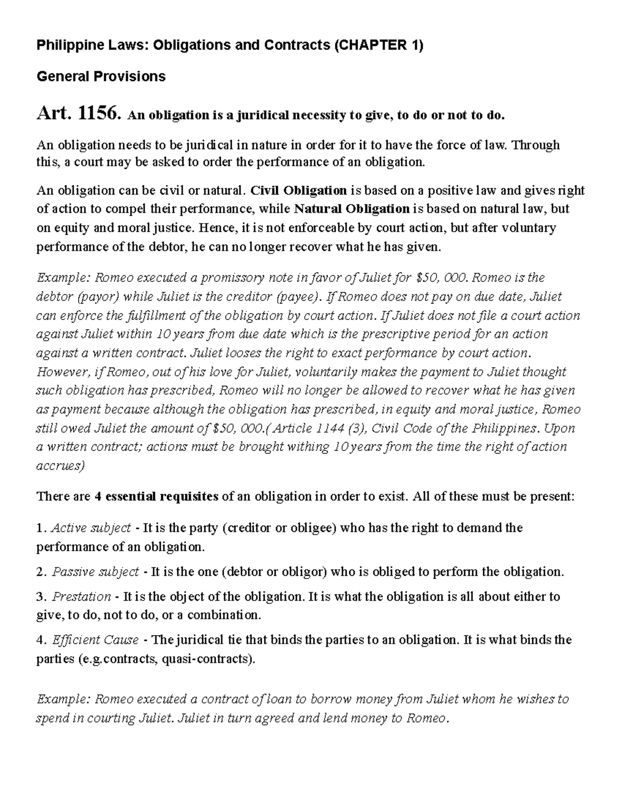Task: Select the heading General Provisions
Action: click(101, 77)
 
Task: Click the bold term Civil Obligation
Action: click(299, 190)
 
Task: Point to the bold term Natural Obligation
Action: click(352, 209)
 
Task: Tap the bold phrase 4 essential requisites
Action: click(156, 497)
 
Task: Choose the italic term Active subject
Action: click(91, 528)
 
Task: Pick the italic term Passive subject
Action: click(95, 572)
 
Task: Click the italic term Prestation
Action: click(81, 597)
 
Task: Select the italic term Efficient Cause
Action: click(95, 640)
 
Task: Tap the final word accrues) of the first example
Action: click(60, 465)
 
